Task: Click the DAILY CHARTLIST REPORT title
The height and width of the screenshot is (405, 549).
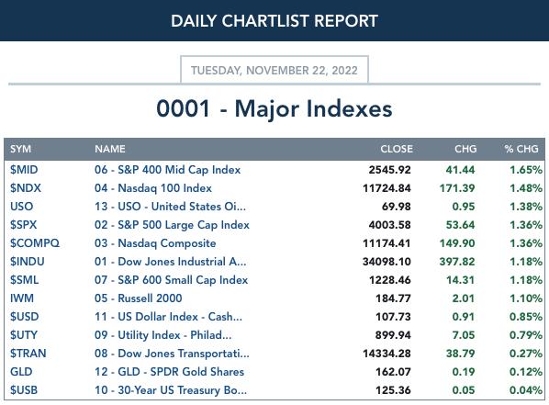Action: [x=274, y=21]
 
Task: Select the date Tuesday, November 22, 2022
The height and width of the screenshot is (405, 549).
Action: [x=274, y=71]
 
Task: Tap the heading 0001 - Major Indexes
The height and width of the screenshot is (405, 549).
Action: [x=274, y=108]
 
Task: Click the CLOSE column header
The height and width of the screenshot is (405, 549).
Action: [x=397, y=149]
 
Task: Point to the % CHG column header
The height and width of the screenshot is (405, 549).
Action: [x=521, y=149]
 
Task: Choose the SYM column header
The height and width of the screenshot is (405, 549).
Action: [x=21, y=149]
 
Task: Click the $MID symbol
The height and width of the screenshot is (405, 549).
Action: [x=24, y=170]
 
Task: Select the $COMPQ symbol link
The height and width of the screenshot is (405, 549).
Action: [x=35, y=243]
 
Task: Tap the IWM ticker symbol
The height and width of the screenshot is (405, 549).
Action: [x=22, y=298]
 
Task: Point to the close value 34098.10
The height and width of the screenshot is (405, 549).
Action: [x=387, y=262]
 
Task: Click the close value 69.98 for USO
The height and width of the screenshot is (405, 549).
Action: [x=396, y=207]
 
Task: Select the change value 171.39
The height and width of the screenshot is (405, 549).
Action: [x=457, y=188]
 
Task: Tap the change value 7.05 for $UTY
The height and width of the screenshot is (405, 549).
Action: [x=464, y=335]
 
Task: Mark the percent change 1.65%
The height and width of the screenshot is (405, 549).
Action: [x=526, y=170]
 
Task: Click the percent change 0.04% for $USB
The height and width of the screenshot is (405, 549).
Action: [x=526, y=390]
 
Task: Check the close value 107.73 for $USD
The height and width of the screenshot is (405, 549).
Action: [x=393, y=317]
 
